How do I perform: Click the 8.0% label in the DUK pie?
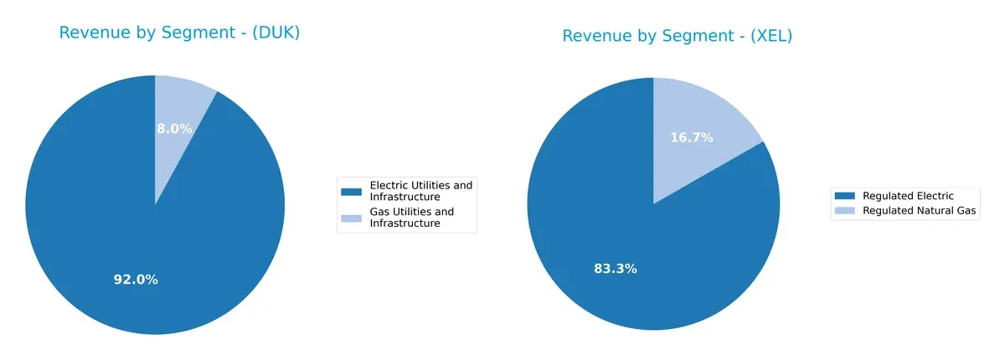174,129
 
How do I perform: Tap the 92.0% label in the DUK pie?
136,280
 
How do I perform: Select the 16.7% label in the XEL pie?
692,137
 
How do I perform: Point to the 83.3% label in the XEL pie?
616,269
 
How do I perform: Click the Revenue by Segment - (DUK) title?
179,33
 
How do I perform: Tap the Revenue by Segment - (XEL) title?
677,36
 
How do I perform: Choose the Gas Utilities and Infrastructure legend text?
411,218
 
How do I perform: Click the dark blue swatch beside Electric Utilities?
352,192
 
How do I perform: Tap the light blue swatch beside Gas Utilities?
352,219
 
